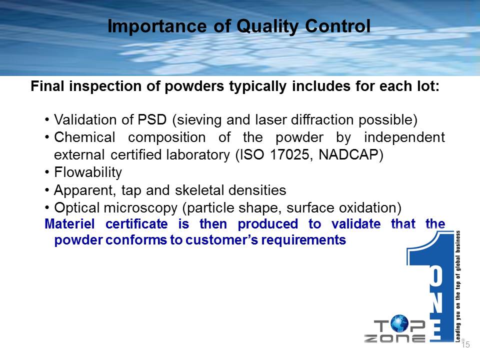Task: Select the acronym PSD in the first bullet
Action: (152, 119)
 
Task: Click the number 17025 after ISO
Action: (289, 154)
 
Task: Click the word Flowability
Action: (88, 172)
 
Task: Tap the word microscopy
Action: (140, 208)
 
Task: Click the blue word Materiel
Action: (70, 224)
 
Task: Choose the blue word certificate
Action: (136, 224)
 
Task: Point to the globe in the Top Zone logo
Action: (399, 323)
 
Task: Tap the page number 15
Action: (465, 345)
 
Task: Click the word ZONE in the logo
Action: (394, 338)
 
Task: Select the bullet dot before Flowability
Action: (47, 172)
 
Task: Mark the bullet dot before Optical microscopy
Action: (47, 208)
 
